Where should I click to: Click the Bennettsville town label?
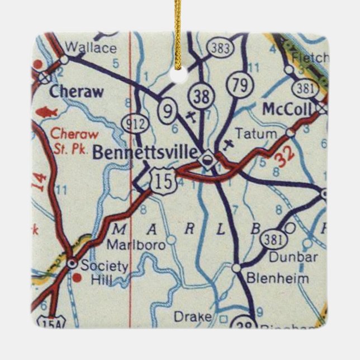(x=144, y=152)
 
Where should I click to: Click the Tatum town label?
(x=255, y=134)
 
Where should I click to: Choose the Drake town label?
(x=193, y=317)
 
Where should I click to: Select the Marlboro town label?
(x=128, y=245)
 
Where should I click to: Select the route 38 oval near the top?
(x=200, y=96)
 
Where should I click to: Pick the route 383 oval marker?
(x=221, y=48)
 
